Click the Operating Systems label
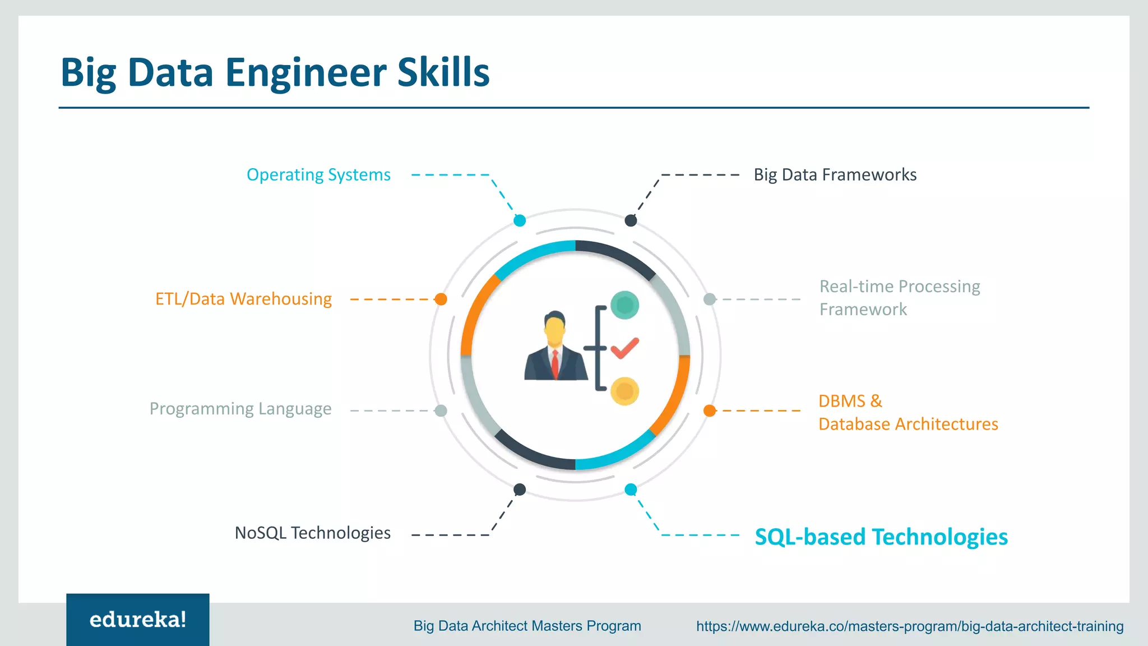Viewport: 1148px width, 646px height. pos(318,175)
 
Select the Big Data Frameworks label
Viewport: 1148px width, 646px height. pos(835,175)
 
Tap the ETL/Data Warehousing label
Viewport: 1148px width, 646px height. pos(243,299)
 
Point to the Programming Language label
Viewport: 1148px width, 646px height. pos(240,409)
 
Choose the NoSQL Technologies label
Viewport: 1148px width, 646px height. pos(312,533)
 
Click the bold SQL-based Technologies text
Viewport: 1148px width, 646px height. pos(881,537)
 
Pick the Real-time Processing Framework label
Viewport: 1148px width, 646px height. pos(899,298)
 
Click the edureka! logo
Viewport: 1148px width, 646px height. pos(138,620)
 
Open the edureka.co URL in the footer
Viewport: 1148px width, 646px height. pos(910,626)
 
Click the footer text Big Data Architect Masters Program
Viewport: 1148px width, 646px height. pos(527,626)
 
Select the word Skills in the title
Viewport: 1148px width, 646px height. pos(443,73)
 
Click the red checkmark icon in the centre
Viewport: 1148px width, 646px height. pos(624,348)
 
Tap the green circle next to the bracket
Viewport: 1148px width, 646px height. pos(624,305)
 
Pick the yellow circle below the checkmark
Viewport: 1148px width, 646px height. pos(624,391)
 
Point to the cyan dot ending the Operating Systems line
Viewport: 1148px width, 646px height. pos(520,220)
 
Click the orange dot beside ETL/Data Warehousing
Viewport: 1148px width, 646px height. pos(441,299)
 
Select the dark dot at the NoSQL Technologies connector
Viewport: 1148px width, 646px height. pos(520,490)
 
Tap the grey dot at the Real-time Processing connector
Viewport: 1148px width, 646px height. pos(710,299)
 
